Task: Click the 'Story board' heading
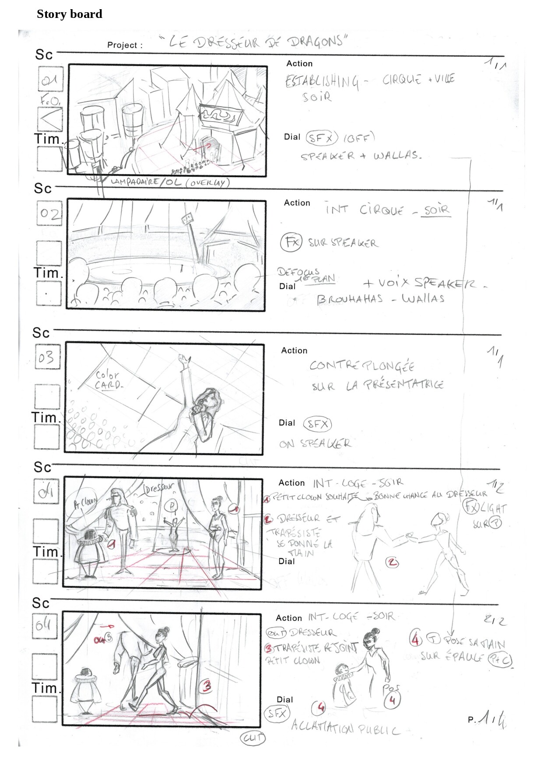pos(69,14)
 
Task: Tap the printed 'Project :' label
pos(125,45)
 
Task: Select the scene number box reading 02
pos(49,213)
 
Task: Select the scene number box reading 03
pos(47,358)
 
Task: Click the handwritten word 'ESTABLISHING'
pos(322,81)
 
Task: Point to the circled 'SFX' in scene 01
pos(322,138)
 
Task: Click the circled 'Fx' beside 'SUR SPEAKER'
pos(291,241)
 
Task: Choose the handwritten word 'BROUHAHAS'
pos(350,299)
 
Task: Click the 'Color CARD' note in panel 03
pos(108,380)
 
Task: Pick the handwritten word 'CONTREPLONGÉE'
pos(361,366)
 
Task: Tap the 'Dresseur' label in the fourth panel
pos(159,487)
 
